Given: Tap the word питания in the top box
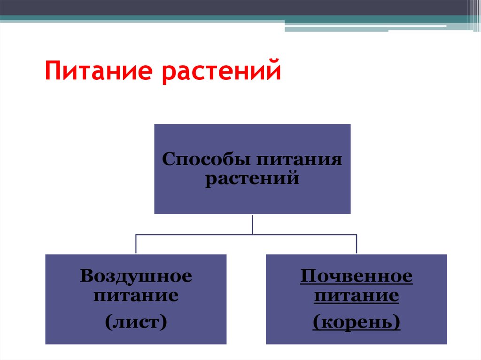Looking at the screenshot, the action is pyautogui.click(x=299, y=160).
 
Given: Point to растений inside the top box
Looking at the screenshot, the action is pyautogui.click(x=252, y=179).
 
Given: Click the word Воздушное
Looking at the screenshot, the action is pyautogui.click(x=136, y=276).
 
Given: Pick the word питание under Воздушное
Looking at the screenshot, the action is pyautogui.click(x=136, y=296).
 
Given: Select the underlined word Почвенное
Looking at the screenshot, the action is pyautogui.click(x=357, y=276).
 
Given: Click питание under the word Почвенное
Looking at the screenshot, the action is pyautogui.click(x=357, y=296).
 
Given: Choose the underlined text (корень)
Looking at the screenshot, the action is pyautogui.click(x=357, y=322).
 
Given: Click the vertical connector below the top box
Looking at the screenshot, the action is pyautogui.click(x=253, y=224).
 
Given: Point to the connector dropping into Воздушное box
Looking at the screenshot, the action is pyautogui.click(x=136, y=244).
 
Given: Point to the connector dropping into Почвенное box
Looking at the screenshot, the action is pyautogui.click(x=357, y=244).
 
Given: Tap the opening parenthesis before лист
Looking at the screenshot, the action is pyautogui.click(x=109, y=322).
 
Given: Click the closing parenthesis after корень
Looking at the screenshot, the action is pyautogui.click(x=397, y=322).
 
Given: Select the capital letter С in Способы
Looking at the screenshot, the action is pyautogui.click(x=167, y=160).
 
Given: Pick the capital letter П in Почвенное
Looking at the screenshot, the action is pyautogui.click(x=306, y=276).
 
